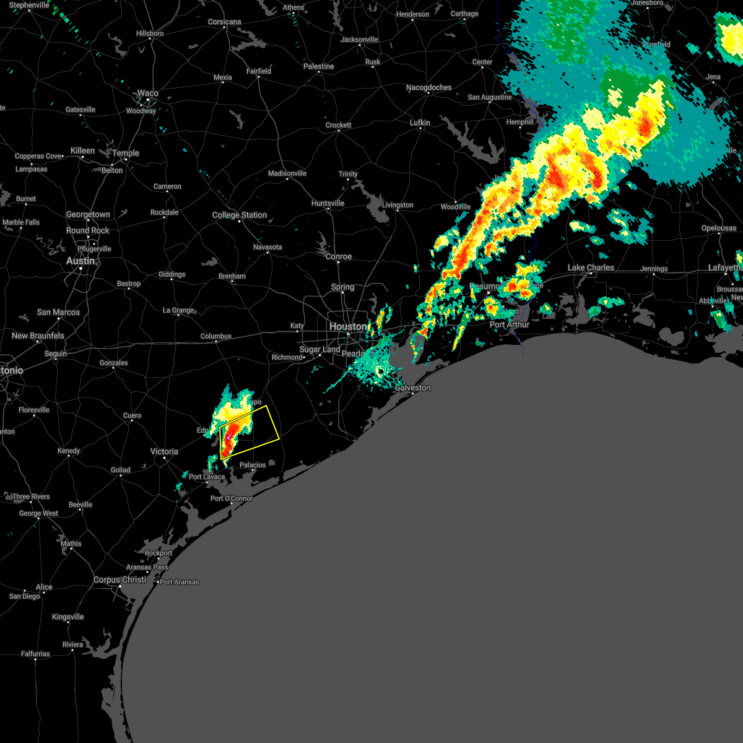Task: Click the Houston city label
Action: (347, 326)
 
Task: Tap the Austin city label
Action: (80, 261)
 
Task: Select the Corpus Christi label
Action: (120, 580)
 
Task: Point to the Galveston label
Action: (413, 388)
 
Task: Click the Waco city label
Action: (147, 93)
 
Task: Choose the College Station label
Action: (240, 215)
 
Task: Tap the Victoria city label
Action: (164, 451)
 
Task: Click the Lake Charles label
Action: (591, 267)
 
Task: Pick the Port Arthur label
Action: (510, 324)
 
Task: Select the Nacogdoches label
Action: (428, 87)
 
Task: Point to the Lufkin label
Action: (420, 123)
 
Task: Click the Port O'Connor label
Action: (232, 498)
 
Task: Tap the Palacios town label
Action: (253, 465)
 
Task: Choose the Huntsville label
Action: (328, 203)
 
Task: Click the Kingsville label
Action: (67, 617)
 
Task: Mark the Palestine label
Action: (318, 66)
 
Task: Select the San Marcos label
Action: (58, 312)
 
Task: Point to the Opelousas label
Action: (718, 228)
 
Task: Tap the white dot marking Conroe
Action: (338, 263)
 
